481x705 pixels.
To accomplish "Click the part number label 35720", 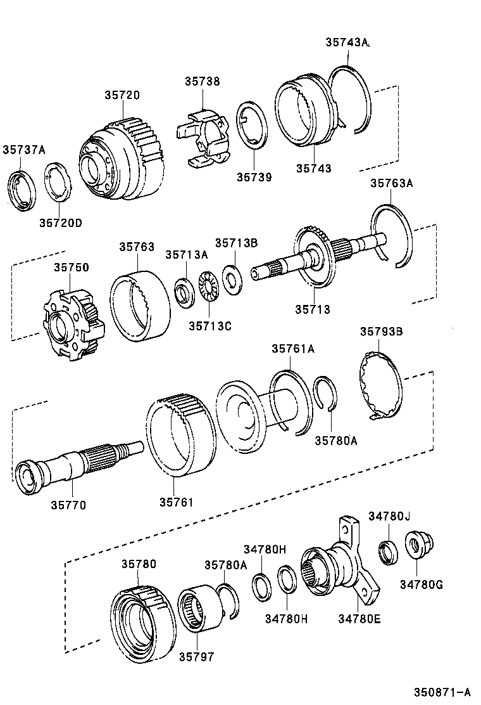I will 122,94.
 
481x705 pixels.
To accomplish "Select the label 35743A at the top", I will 347,42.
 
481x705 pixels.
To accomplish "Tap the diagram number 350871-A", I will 442,692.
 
